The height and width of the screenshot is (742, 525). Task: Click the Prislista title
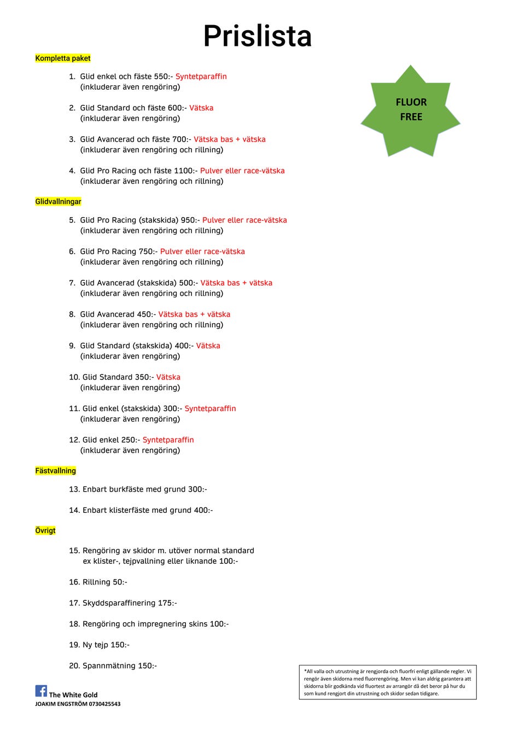tap(257, 36)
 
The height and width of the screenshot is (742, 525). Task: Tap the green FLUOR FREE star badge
tap(411, 110)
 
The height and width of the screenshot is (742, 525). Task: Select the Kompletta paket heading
tap(63, 59)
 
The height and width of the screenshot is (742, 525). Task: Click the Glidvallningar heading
tap(58, 202)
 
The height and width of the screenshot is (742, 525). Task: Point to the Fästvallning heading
tap(55, 471)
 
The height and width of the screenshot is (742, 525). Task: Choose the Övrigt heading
tap(45, 530)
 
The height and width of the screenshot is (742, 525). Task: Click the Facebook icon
tap(41, 691)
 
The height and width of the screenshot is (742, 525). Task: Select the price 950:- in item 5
tap(189, 220)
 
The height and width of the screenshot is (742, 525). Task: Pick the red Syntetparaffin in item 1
tap(201, 77)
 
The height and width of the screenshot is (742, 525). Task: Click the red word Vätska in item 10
tap(168, 377)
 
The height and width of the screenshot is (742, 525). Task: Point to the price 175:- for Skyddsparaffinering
tap(167, 603)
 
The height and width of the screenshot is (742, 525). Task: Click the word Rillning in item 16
tap(96, 582)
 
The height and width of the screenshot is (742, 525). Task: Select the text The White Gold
tap(73, 695)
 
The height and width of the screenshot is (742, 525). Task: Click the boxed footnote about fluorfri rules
tap(388, 682)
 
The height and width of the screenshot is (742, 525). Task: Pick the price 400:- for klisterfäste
tap(203, 510)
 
